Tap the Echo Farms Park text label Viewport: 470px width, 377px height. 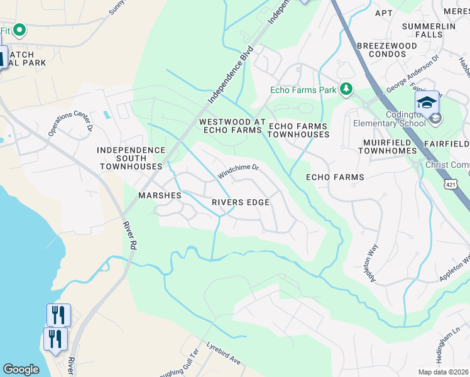[303, 90]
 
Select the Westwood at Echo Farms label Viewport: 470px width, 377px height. [230, 126]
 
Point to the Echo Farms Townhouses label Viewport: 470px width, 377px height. [298, 131]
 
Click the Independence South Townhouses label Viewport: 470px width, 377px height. [131, 158]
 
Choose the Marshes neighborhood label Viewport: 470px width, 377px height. [160, 195]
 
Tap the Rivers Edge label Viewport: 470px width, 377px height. [240, 202]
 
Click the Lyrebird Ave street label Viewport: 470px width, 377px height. [224, 355]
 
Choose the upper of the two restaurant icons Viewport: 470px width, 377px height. [58, 314]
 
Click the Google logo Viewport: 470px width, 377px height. [21, 369]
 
